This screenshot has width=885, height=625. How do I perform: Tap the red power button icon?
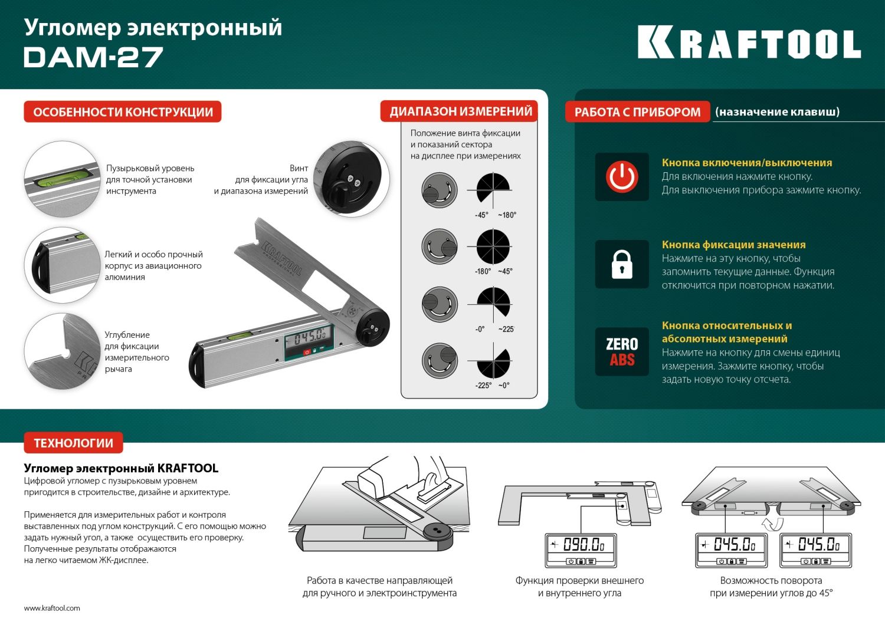[622, 177]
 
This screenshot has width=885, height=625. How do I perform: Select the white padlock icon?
[622, 264]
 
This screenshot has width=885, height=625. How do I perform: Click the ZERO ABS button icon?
[622, 351]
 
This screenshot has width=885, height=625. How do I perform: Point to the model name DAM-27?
[93, 57]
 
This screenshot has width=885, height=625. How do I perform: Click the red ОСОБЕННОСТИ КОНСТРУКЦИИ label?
[123, 112]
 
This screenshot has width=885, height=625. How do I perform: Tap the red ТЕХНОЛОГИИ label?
[73, 443]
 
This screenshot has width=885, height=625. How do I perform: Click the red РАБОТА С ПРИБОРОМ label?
[637, 112]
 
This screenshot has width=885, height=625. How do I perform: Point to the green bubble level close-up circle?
[62, 179]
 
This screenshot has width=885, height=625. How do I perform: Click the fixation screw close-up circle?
[351, 179]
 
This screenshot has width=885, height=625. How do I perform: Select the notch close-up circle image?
[62, 351]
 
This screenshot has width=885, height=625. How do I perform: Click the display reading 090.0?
[581, 544]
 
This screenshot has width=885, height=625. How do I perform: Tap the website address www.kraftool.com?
[52, 608]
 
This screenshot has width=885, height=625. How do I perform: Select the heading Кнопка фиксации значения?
[733, 245]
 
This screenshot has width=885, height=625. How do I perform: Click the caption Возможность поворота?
[771, 581]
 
